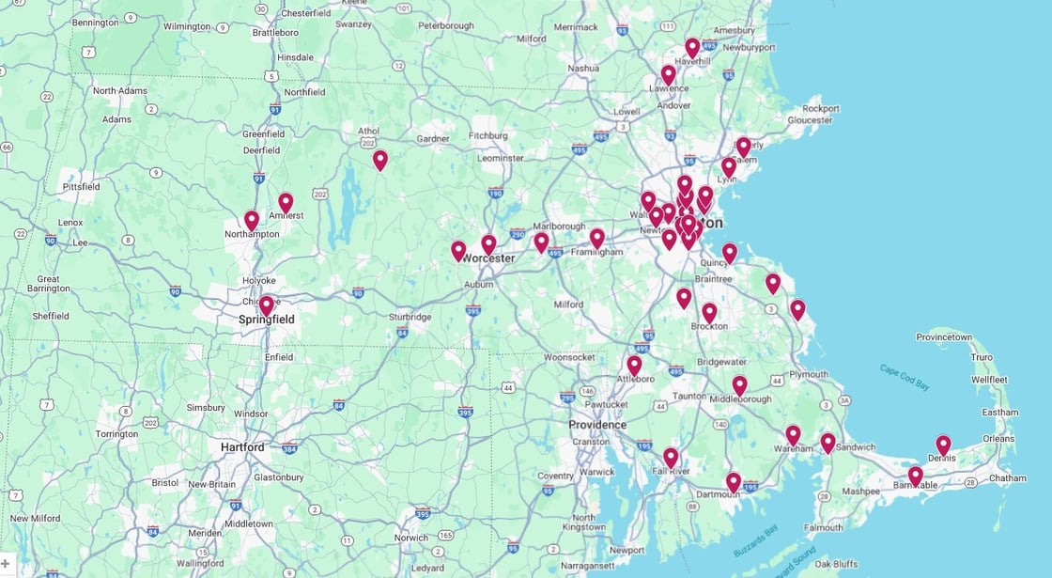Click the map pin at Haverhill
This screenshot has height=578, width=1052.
coord(692,47)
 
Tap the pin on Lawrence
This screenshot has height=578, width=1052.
coord(668,74)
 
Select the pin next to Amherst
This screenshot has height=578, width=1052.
coord(286,202)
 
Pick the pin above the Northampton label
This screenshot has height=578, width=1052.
coord(252,220)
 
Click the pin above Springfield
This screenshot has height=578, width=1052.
coord(267,305)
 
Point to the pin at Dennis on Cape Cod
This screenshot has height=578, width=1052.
coord(943,445)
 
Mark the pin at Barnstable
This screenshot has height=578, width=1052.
coord(915,476)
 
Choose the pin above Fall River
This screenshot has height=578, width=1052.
coord(671,457)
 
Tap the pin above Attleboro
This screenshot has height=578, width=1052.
coord(634,365)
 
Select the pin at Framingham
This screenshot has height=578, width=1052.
coord(596,238)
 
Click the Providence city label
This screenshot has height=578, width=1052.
coord(597,425)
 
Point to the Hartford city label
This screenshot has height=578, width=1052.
coord(242,447)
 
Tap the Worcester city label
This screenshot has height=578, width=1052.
coord(487,258)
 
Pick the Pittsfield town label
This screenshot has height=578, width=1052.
coord(81,187)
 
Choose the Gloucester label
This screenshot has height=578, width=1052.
coord(810,120)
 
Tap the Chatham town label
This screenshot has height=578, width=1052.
coord(1007,478)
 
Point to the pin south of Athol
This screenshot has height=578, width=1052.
coord(379,160)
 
